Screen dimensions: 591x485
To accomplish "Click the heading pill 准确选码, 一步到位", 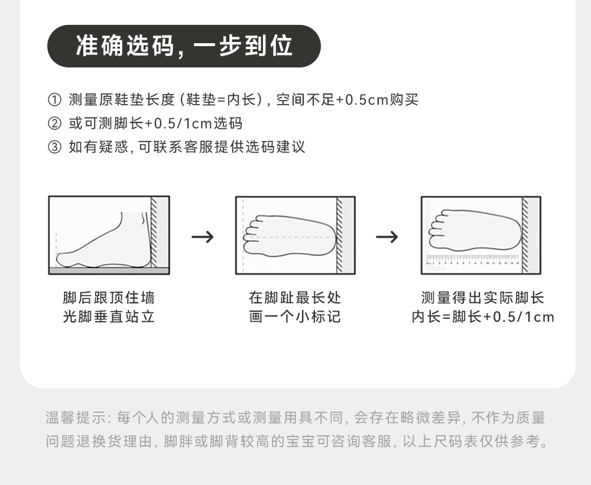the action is click(x=184, y=46).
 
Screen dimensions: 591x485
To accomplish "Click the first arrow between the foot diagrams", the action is click(x=203, y=237).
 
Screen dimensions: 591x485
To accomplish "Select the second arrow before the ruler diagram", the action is click(x=387, y=237).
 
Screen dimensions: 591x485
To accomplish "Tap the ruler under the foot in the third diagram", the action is click(x=472, y=260).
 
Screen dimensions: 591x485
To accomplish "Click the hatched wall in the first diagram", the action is click(x=154, y=234).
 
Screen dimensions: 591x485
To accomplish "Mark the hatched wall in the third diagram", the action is click(x=525, y=234).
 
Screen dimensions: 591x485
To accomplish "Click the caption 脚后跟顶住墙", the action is click(x=109, y=298).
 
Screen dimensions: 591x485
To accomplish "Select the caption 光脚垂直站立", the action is click(x=109, y=317).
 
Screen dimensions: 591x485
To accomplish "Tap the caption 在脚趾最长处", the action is click(x=295, y=298).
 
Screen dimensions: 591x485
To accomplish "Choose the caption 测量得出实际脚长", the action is click(x=482, y=298).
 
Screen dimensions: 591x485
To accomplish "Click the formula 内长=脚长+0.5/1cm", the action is click(x=483, y=317).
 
